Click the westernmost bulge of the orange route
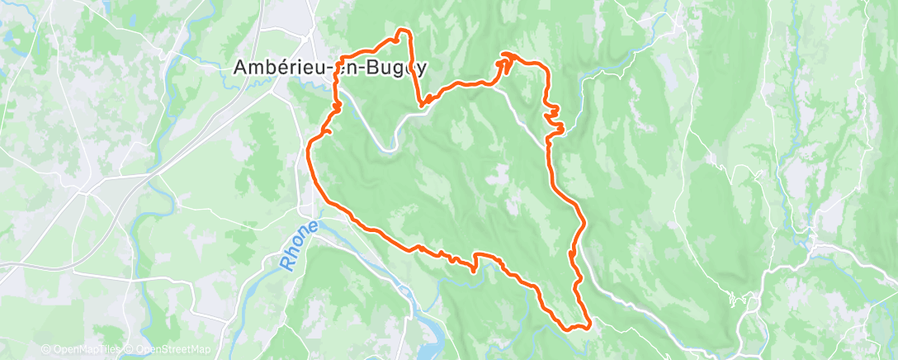coord(309,149)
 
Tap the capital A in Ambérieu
coord(241,67)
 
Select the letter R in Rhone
coord(286,263)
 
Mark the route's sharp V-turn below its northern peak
coord(422,104)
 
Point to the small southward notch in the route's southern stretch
coord(475,268)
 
